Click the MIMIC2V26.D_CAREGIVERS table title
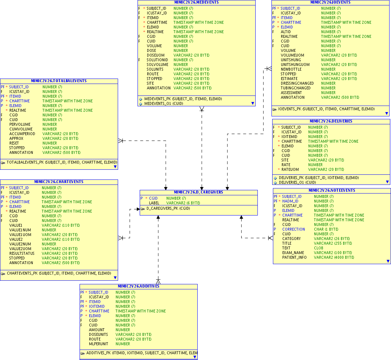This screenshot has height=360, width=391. tap(198, 192)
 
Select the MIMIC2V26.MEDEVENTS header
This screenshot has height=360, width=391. tap(196, 2)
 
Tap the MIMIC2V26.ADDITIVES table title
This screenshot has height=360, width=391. tap(138, 286)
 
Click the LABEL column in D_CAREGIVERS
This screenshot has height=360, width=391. tap(154, 203)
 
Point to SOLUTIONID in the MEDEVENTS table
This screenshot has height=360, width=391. tap(157, 60)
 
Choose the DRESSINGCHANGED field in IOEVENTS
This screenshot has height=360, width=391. tap(297, 83)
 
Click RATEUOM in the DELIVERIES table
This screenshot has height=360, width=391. tap(290, 169)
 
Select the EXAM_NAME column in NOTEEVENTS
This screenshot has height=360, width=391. tap(293, 253)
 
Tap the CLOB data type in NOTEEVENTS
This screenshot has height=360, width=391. tap(319, 248)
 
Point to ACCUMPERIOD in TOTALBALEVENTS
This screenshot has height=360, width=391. tap(22, 134)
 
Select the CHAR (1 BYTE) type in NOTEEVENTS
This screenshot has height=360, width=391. tap(326, 229)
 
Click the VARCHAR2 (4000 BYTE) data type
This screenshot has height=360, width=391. tap(334, 257)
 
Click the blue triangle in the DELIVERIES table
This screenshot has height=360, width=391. tap(387, 182)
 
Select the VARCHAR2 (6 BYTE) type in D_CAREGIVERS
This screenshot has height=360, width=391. tap(183, 203)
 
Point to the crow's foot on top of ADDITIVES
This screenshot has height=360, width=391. tap(158, 281)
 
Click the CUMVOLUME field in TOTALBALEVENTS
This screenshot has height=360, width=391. tap(21, 129)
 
